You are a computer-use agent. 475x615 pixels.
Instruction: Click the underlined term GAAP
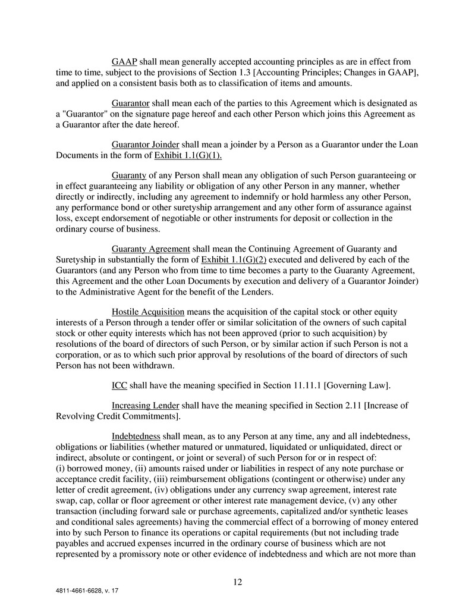point(124,61)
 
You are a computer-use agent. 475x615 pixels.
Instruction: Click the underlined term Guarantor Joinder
point(145,143)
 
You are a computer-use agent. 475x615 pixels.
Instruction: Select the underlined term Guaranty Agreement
point(150,248)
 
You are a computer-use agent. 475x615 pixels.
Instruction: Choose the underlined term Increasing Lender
point(145,406)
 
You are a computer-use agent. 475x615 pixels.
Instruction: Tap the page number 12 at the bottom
point(237,582)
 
